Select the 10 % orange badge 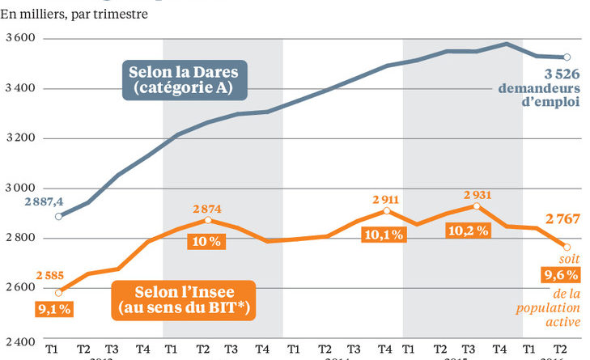206,241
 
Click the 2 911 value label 385,197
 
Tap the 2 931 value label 477,193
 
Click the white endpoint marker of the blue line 567,57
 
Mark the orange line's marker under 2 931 476,206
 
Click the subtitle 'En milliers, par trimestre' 78,15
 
